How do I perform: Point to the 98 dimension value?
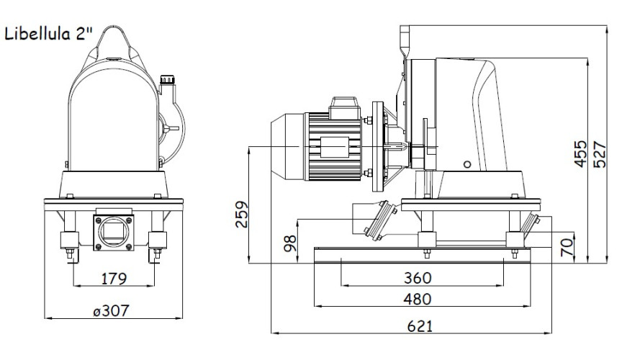click(x=290, y=245)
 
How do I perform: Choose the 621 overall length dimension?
click(x=418, y=325)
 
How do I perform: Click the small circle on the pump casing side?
click(x=467, y=164)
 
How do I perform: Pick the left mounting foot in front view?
click(x=68, y=241)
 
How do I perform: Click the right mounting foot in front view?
click(x=156, y=241)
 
